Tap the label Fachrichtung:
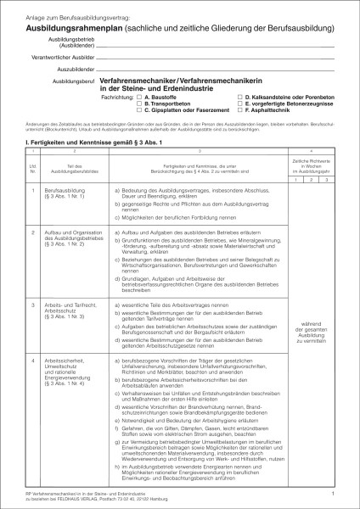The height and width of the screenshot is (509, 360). (117, 98)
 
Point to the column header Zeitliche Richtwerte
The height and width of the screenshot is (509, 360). (311, 160)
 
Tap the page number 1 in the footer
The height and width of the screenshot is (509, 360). (335, 491)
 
